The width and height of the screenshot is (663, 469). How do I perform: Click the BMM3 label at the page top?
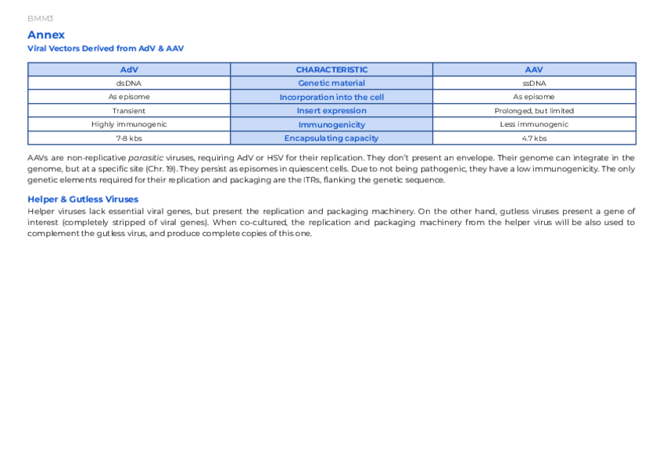pyautogui.click(x=40, y=18)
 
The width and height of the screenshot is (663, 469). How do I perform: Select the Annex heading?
pyautogui.click(x=46, y=34)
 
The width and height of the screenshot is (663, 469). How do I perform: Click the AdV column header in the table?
pyautogui.click(x=129, y=70)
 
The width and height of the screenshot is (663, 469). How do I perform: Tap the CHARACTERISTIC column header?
pyautogui.click(x=331, y=70)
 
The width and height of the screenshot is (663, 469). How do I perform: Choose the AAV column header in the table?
pyautogui.click(x=534, y=70)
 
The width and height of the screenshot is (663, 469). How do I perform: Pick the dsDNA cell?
pyautogui.click(x=129, y=83)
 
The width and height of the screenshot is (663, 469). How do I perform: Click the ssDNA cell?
pyautogui.click(x=534, y=83)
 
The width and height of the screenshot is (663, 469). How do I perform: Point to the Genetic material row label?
pyautogui.click(x=331, y=83)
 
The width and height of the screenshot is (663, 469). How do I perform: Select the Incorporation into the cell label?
pyautogui.click(x=331, y=97)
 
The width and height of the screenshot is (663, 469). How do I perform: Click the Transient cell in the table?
pyautogui.click(x=129, y=111)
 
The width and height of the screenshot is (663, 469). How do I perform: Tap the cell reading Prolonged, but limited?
pyautogui.click(x=534, y=111)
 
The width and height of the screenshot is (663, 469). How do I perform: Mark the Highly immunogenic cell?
pyautogui.click(x=129, y=124)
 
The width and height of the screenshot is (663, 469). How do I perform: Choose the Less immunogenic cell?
pyautogui.click(x=534, y=124)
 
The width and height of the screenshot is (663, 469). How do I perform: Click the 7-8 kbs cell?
pyautogui.click(x=129, y=138)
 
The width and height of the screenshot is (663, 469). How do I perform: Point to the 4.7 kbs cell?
pyautogui.click(x=534, y=138)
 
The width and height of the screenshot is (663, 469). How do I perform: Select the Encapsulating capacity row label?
pyautogui.click(x=331, y=138)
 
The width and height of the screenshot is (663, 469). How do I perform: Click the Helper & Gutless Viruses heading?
pyautogui.click(x=83, y=199)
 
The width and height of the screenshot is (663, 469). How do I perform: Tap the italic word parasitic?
pyautogui.click(x=146, y=158)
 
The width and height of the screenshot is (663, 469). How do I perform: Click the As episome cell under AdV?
pyautogui.click(x=129, y=97)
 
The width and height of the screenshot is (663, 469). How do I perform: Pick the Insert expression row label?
pyautogui.click(x=331, y=111)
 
